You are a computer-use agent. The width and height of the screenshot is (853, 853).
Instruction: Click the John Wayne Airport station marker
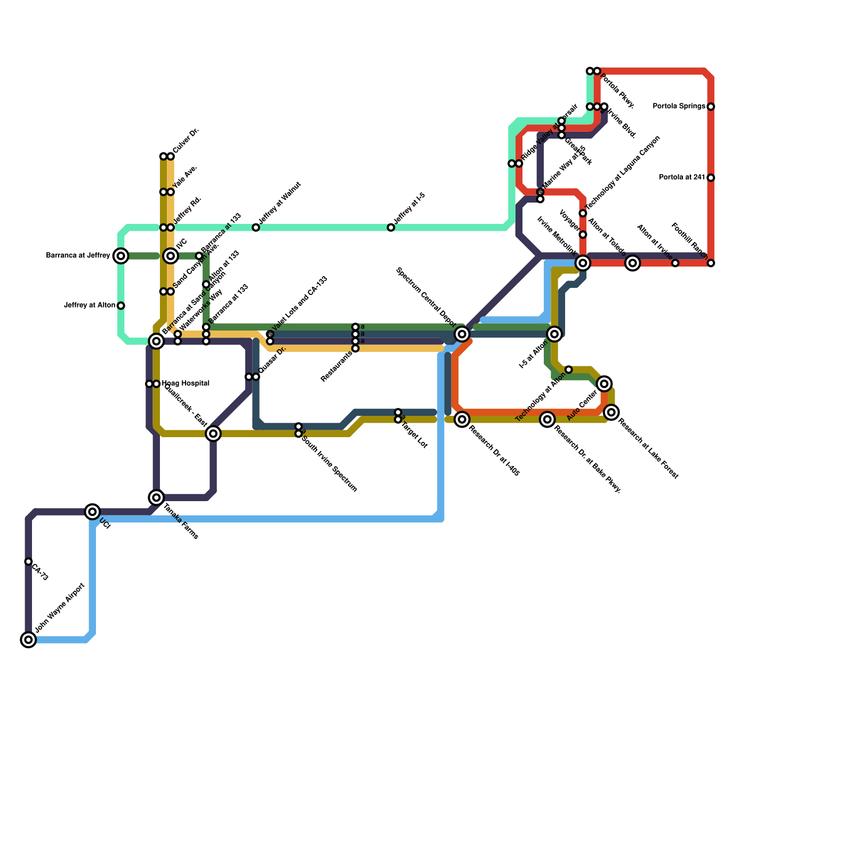28,639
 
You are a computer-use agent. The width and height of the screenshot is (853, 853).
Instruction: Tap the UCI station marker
93,512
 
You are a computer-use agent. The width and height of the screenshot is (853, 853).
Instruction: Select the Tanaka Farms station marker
156,497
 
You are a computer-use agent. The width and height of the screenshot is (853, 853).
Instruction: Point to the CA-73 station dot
28,561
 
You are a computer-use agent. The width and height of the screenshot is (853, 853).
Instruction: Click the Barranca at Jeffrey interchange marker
121,256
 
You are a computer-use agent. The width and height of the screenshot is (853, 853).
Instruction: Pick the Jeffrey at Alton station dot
121,305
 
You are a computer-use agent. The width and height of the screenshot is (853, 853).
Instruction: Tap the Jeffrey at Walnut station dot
256,228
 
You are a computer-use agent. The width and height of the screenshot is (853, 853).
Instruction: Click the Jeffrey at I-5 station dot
391,228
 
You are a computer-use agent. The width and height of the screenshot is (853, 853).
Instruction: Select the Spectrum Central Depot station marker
462,334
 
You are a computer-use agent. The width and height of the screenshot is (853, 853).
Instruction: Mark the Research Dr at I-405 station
462,419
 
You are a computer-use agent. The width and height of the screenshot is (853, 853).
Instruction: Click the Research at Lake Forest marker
611,412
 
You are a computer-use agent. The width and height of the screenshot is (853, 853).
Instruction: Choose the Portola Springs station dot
711,107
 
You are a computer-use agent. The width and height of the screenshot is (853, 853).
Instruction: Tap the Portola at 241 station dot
711,178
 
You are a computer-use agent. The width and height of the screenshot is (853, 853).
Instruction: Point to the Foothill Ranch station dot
711,263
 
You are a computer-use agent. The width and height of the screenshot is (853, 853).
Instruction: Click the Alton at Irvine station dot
675,263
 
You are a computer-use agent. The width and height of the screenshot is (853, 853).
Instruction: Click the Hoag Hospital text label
186,383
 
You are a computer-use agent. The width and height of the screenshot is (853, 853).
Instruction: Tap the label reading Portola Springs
679,107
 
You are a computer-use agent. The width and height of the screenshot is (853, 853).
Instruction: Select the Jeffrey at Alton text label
90,305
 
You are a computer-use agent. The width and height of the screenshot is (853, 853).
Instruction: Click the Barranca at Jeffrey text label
78,256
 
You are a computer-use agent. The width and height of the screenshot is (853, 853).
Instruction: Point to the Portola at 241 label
682,178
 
